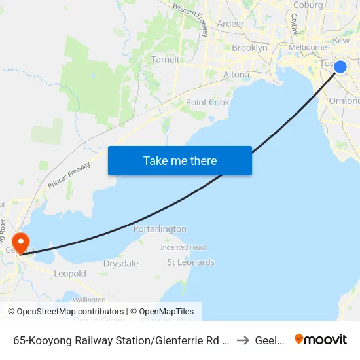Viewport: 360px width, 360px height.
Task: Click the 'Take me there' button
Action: [x=179, y=160]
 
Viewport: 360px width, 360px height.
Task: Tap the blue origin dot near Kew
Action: [x=340, y=66]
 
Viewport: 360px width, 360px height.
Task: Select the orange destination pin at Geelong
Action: [x=21, y=243]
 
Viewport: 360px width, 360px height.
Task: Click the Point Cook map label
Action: [x=207, y=102]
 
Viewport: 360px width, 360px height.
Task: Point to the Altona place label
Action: [x=236, y=75]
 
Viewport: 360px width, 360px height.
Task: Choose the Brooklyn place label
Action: [x=249, y=48]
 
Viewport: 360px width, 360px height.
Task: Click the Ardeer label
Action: [x=230, y=24]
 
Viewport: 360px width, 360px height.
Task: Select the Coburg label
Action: [x=308, y=5]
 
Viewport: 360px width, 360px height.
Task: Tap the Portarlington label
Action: [x=160, y=229]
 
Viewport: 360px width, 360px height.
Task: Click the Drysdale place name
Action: [x=120, y=264]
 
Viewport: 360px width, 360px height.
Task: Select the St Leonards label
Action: [x=190, y=262]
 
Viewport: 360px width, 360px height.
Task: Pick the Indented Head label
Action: [x=183, y=247]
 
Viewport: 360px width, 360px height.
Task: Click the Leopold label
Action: [x=70, y=274]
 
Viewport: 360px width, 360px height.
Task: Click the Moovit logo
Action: [x=321, y=339]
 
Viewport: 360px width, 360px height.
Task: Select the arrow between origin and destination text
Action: [x=243, y=340]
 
